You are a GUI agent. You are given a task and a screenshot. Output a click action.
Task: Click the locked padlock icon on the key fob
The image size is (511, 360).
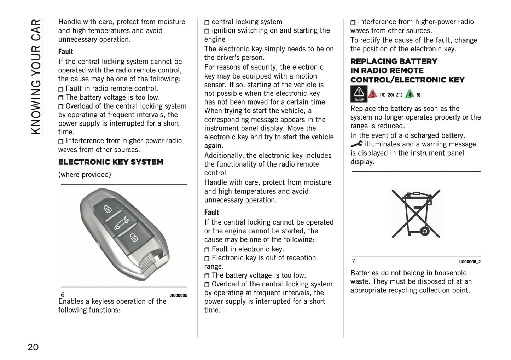click(108, 209)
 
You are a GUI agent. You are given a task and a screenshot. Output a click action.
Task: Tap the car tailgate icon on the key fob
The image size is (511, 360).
click(121, 223)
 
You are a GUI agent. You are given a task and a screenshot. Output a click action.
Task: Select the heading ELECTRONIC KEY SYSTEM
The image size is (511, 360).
click(111, 162)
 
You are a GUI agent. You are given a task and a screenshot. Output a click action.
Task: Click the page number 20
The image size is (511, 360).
click(33, 347)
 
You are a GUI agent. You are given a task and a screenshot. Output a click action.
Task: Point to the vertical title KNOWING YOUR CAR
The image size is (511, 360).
click(36, 77)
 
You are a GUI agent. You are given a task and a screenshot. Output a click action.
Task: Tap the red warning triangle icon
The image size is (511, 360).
click(372, 94)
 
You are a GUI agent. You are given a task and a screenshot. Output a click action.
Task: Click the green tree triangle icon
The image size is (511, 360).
click(410, 94)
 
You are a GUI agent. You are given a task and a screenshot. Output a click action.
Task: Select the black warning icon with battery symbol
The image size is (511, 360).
click(359, 94)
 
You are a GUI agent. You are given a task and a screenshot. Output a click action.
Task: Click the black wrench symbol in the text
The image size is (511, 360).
click(356, 144)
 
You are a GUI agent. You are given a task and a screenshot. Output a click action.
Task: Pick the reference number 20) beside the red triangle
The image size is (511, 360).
click(391, 95)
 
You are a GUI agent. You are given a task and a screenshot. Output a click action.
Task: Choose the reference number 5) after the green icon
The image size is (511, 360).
click(418, 95)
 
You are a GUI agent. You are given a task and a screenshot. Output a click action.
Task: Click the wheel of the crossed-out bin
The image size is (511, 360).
click(425, 232)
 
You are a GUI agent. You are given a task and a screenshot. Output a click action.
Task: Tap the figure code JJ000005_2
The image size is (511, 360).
click(470, 262)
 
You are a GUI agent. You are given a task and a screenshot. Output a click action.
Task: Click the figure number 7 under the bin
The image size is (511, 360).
click(353, 261)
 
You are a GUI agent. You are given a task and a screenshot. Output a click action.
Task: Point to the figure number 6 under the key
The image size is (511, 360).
click(63, 295)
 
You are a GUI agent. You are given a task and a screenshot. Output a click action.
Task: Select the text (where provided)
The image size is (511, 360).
click(85, 175)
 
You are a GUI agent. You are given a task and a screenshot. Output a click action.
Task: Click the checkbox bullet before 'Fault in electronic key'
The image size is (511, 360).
click(207, 250)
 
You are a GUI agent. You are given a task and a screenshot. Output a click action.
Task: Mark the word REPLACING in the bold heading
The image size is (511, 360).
click(372, 62)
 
